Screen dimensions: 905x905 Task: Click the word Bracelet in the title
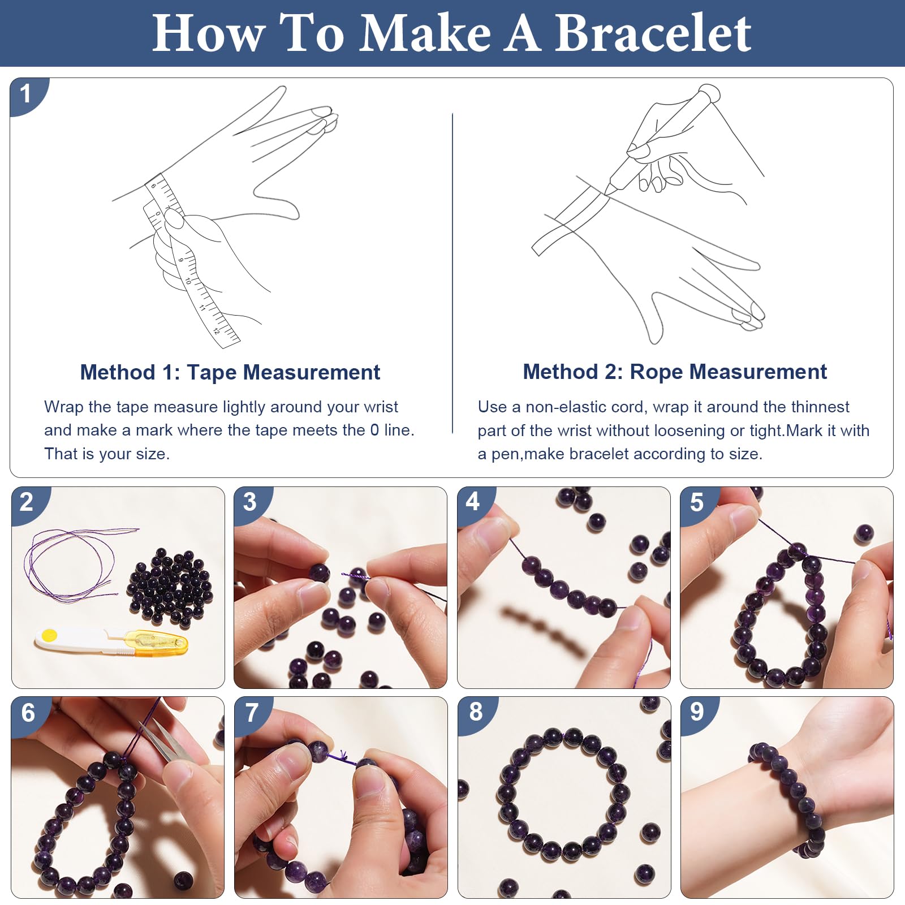[x=653, y=33]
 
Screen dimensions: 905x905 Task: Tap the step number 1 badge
[x=26, y=94]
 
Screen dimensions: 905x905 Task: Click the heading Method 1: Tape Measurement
[x=230, y=372]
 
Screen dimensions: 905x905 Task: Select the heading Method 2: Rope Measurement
[x=675, y=372]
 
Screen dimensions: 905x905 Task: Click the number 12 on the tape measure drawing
[x=217, y=331]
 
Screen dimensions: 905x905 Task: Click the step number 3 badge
[x=249, y=502]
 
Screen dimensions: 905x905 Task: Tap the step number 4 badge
[x=472, y=501]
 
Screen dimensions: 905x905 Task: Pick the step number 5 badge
[x=696, y=502]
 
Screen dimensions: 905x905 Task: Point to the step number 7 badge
[x=251, y=712]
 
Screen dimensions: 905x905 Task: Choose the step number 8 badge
[x=476, y=712]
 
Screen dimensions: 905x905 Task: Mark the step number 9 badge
[x=697, y=712]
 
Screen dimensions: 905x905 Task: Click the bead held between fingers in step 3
[x=319, y=573]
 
